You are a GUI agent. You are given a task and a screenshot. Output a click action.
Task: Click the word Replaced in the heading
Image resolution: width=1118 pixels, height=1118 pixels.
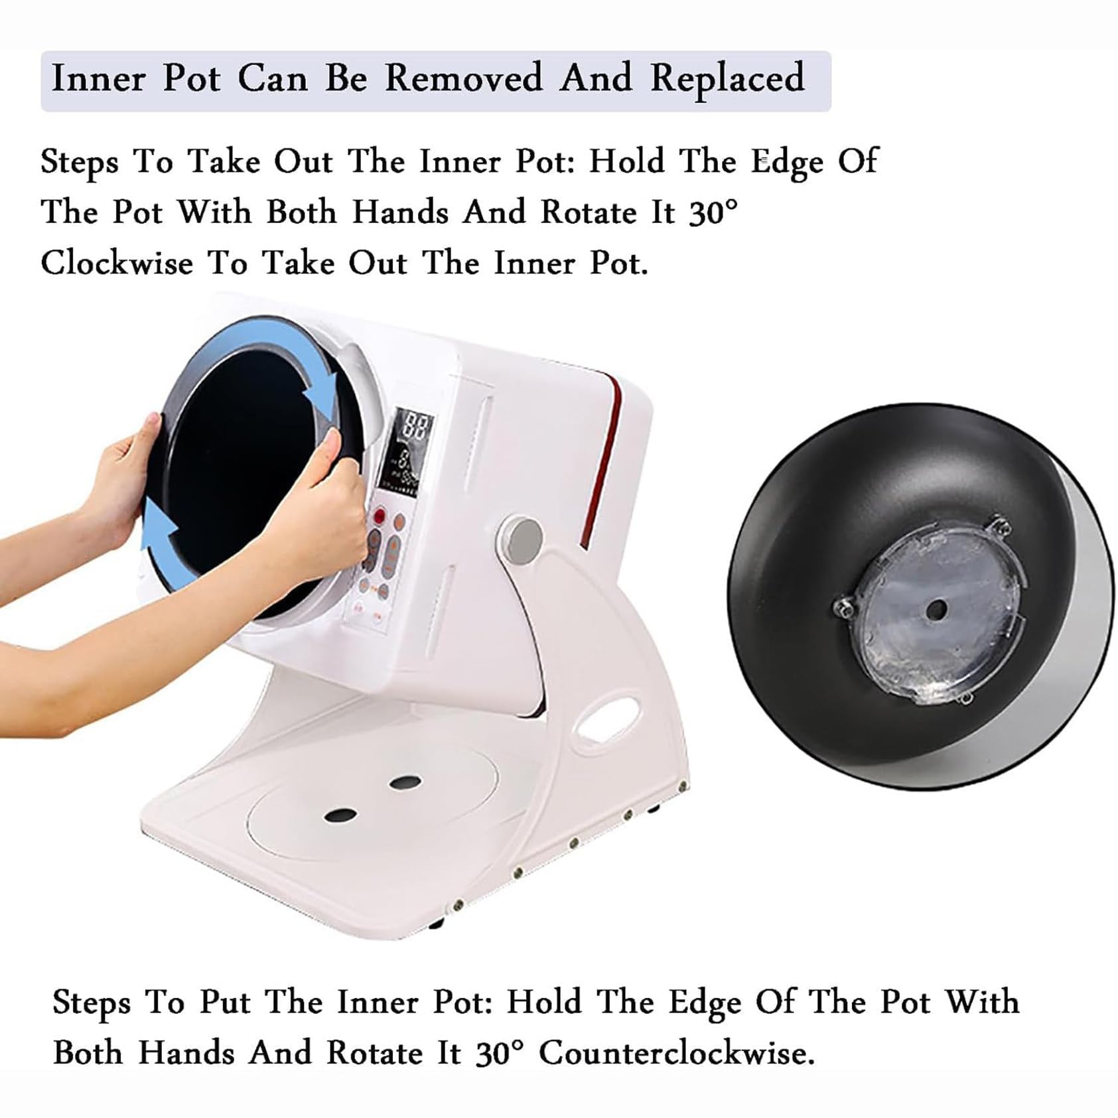[x=727, y=79]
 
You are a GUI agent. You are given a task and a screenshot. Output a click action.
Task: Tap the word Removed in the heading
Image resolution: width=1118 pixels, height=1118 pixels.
[x=464, y=78]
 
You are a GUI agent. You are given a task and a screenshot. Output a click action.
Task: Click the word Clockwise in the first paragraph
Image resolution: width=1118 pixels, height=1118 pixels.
[x=117, y=263]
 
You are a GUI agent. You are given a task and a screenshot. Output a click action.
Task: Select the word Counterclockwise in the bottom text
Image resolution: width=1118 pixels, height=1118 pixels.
[x=676, y=1053]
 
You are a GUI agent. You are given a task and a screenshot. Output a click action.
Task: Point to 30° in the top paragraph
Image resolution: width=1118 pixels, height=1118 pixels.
[x=713, y=213]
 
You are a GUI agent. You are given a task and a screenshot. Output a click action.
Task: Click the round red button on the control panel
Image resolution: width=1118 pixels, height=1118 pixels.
[x=380, y=515]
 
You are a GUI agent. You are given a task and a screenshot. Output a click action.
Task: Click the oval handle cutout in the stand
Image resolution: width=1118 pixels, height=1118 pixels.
[x=605, y=717]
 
